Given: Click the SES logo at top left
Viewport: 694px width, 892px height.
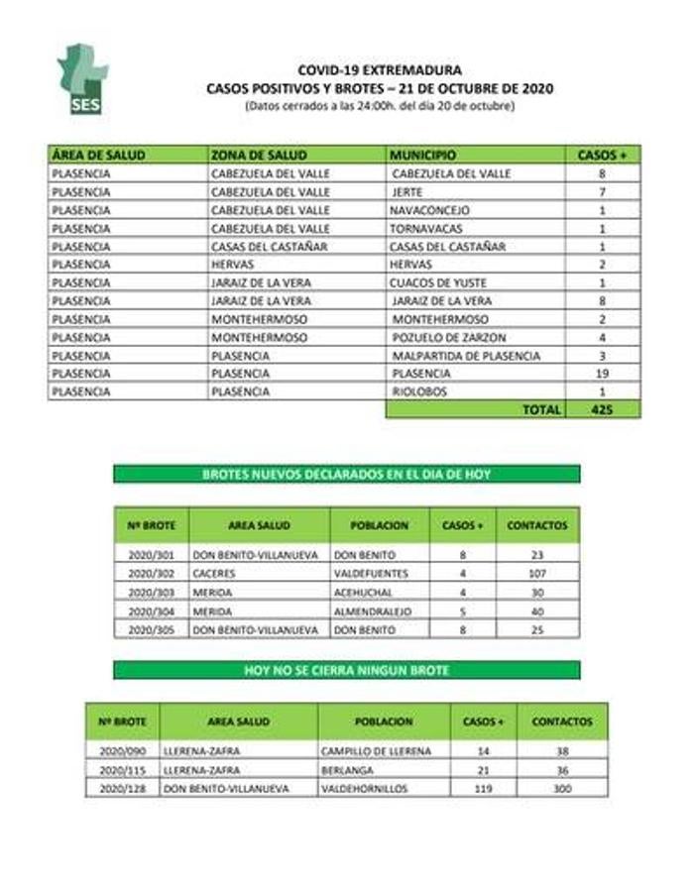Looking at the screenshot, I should (83, 78).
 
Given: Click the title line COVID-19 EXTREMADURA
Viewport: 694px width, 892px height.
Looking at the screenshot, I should (379, 71).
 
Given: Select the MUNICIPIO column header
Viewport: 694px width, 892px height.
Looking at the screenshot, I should (423, 156).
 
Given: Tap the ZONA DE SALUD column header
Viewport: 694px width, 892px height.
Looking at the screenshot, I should (260, 156).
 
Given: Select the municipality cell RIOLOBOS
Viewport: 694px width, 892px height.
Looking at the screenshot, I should (420, 391).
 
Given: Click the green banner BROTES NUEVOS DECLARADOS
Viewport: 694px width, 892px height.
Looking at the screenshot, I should (346, 474).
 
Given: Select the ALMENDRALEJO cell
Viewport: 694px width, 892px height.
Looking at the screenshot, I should (373, 612).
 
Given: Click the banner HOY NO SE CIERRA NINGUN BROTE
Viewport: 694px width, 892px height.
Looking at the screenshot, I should (346, 671).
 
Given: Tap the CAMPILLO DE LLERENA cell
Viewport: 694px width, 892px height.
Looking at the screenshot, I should (377, 751).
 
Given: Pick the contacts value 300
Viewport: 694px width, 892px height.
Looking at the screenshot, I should (562, 788).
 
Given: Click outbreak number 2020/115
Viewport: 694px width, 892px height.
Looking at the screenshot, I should (122, 770).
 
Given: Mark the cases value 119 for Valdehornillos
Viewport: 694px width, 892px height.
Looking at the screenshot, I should (484, 788).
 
